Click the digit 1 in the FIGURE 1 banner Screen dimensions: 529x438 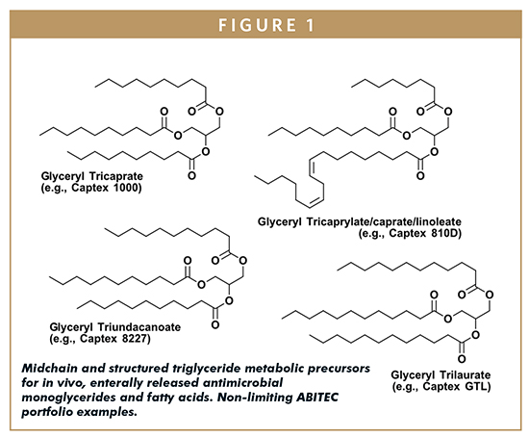pyautogui.click(x=310, y=25)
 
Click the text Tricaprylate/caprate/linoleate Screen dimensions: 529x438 pyautogui.click(x=384, y=221)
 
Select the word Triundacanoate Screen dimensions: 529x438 pyautogui.click(x=139, y=327)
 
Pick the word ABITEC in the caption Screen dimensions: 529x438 pyautogui.click(x=317, y=398)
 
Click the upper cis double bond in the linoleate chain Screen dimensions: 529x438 pyautogui.click(x=312, y=167)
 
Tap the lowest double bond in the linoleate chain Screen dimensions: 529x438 pyautogui.click(x=316, y=201)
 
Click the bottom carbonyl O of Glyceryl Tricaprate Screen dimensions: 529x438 pyautogui.click(x=192, y=175)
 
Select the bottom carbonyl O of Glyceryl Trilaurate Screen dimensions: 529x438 pyautogui.click(x=462, y=359)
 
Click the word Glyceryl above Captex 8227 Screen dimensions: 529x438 pyautogui.click(x=71, y=327)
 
